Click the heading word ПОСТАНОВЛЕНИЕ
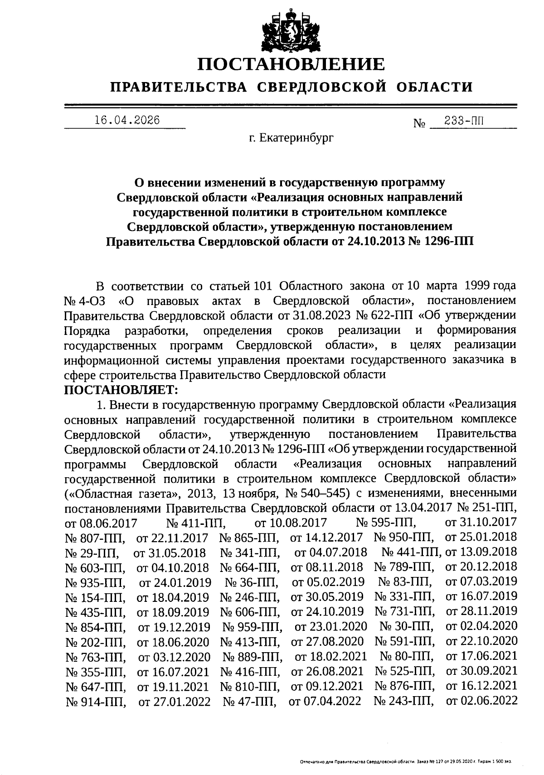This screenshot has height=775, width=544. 291,64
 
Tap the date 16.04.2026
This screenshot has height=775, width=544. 127,120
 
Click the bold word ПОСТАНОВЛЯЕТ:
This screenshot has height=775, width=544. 122,389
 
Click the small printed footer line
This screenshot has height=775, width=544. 406,763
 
